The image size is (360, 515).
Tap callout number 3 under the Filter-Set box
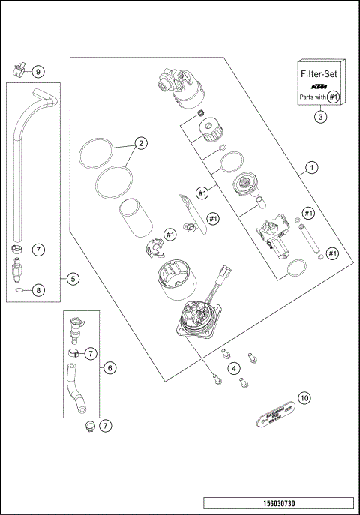click(320, 117)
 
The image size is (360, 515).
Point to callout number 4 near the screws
click(234, 367)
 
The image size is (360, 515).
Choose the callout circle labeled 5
click(72, 279)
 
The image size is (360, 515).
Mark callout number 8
click(39, 289)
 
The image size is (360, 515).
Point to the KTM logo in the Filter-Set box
click(320, 86)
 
